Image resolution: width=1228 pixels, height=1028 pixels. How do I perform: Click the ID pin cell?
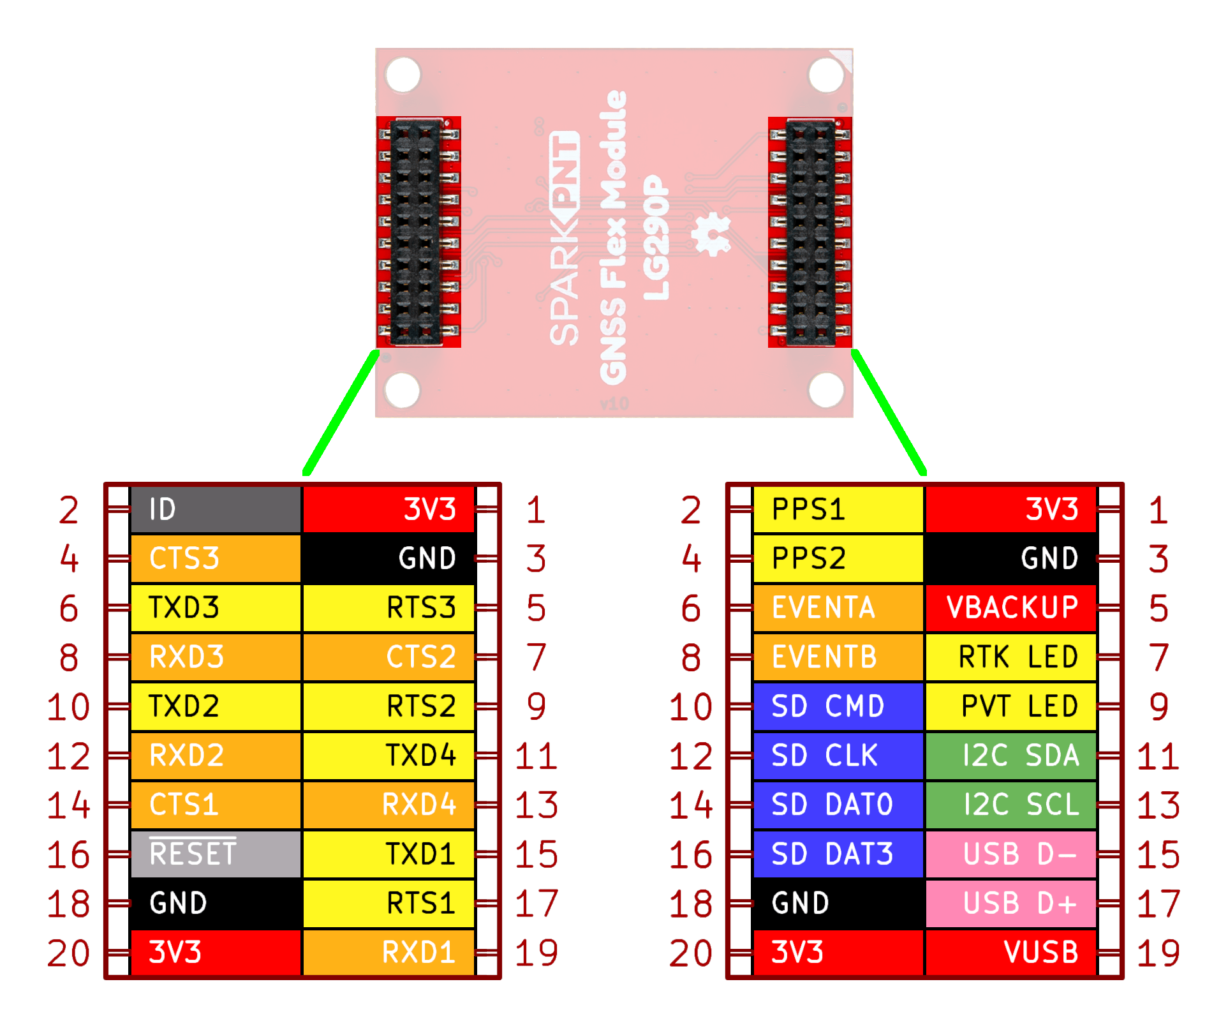(x=216, y=509)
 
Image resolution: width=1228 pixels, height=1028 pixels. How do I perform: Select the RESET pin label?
(x=216, y=854)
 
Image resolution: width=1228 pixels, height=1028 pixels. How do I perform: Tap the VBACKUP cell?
(x=1010, y=607)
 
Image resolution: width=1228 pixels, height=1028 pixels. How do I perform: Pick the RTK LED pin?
(x=1010, y=657)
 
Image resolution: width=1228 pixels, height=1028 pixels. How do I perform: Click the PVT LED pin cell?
(x=1010, y=706)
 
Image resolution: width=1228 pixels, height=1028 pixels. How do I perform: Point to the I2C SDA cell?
(x=1010, y=756)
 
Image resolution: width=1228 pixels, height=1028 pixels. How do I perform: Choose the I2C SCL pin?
(x=1010, y=805)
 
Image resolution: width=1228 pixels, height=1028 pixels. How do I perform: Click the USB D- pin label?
(x=1010, y=854)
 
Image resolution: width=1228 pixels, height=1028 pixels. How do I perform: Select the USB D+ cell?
(x=1010, y=903)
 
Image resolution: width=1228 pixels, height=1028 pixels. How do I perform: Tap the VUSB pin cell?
(x=1010, y=952)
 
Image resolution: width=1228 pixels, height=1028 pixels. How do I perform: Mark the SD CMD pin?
(x=838, y=706)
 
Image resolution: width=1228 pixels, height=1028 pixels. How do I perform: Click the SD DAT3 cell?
(x=838, y=854)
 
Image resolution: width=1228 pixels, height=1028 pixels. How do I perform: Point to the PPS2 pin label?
(x=838, y=558)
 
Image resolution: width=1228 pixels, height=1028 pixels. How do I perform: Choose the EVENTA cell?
(x=838, y=607)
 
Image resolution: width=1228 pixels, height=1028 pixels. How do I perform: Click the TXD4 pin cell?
(x=388, y=756)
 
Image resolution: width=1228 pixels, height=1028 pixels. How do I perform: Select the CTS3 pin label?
(x=216, y=558)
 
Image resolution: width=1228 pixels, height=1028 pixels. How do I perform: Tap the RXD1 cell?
(x=388, y=952)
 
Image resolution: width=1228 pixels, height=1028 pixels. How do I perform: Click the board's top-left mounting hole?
(x=403, y=75)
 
